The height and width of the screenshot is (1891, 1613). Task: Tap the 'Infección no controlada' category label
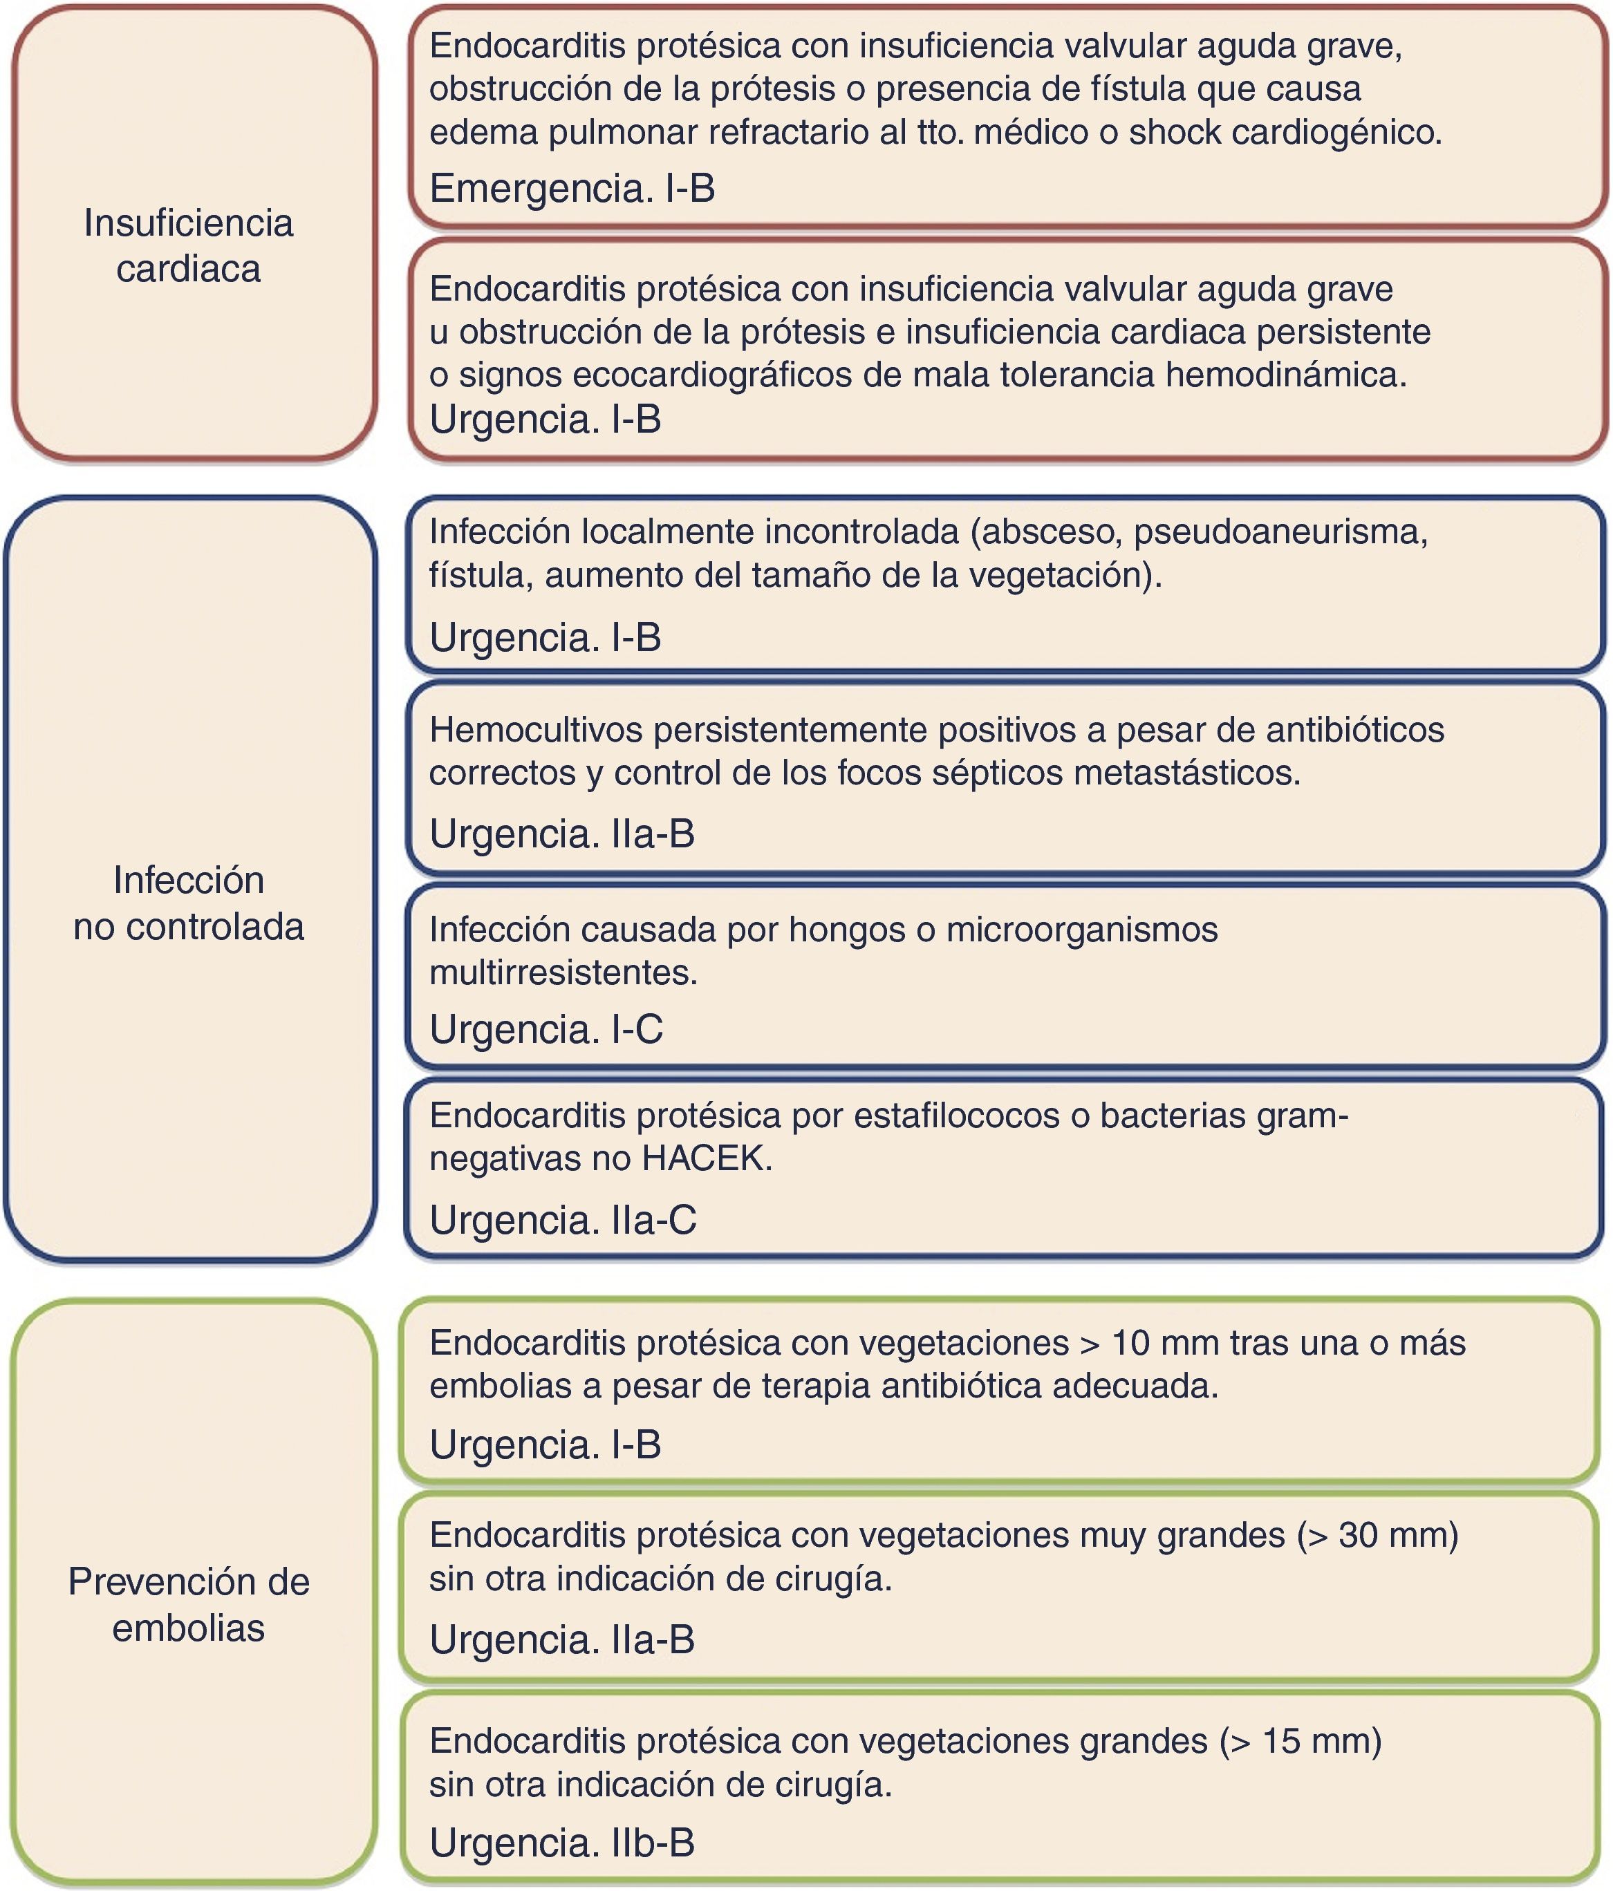pos(188,903)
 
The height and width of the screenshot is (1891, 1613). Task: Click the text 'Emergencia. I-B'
pos(572,188)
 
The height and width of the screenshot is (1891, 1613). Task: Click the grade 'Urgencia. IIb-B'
pos(562,1842)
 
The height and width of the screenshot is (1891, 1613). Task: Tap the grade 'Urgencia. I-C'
pos(546,1028)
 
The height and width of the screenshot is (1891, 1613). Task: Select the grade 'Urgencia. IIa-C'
pos(562,1219)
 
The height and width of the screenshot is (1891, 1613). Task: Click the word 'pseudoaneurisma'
pos(1280,531)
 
